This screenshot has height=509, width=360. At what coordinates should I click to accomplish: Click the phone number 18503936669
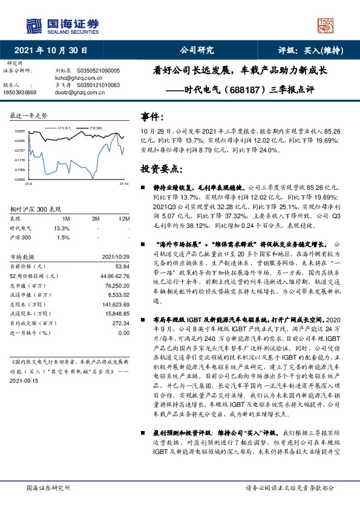[20, 92]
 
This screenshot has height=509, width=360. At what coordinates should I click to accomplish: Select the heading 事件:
[152, 116]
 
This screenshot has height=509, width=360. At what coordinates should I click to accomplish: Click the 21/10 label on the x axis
[123, 184]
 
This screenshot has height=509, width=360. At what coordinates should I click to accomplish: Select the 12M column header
[124, 218]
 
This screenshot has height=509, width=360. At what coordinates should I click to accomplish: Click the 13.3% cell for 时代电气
[62, 228]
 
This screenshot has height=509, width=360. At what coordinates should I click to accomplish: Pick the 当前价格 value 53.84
[122, 267]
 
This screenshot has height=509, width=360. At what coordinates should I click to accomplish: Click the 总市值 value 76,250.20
[117, 285]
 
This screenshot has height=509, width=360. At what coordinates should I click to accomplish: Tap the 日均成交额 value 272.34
[120, 323]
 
